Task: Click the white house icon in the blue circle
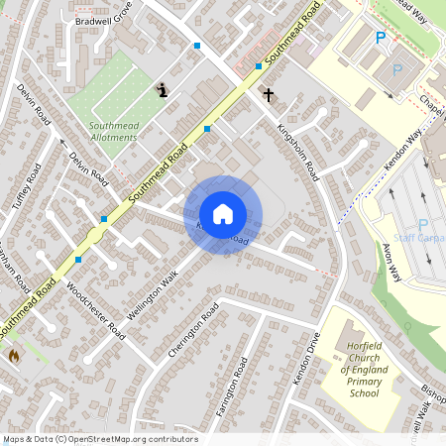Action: [x=223, y=214]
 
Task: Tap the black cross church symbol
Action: [x=268, y=95]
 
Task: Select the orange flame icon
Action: [x=14, y=354]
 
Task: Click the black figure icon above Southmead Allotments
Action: [x=163, y=90]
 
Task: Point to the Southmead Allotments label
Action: [x=113, y=132]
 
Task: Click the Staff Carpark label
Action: [x=419, y=239]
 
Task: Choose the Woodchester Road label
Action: [x=93, y=307]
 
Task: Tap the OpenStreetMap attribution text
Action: [x=100, y=439]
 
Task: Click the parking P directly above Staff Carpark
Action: [x=424, y=224]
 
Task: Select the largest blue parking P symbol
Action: [x=380, y=38]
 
